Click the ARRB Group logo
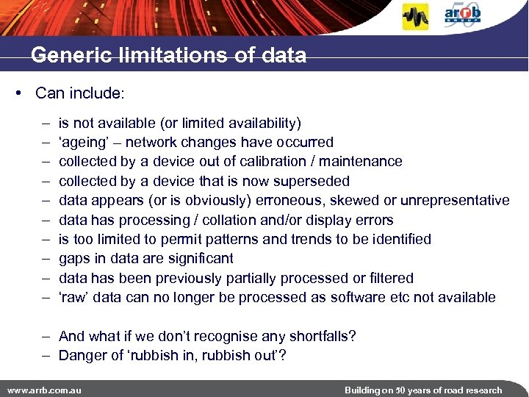coord(463,15)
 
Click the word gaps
coord(75,259)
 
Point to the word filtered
coord(392,278)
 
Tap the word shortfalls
coord(321,336)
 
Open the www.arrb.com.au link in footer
coord(43,390)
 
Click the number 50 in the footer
coord(403,390)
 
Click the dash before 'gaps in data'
coord(46,259)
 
